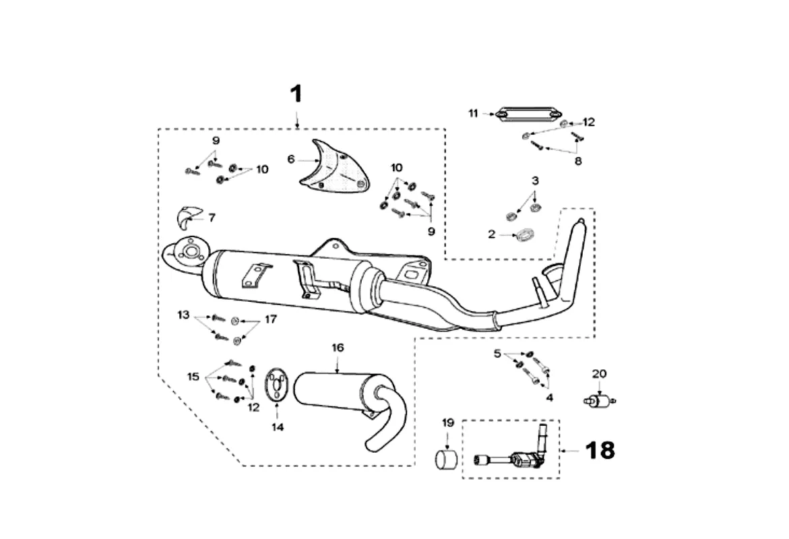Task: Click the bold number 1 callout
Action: pos(297,94)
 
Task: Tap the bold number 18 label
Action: pos(600,451)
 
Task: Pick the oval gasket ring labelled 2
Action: pos(524,235)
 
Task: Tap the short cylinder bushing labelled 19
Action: pos(446,460)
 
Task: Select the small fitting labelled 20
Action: pos(599,401)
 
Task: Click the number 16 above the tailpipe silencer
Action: pos(338,348)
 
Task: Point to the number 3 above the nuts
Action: pos(535,180)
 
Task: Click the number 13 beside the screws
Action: pos(184,315)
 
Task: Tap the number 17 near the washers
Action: pos(271,319)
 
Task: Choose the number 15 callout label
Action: pos(194,377)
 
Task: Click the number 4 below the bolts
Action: pos(550,398)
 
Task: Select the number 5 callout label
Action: pos(497,353)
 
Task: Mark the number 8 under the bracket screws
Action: pos(578,161)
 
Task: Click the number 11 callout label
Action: pos(473,113)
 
